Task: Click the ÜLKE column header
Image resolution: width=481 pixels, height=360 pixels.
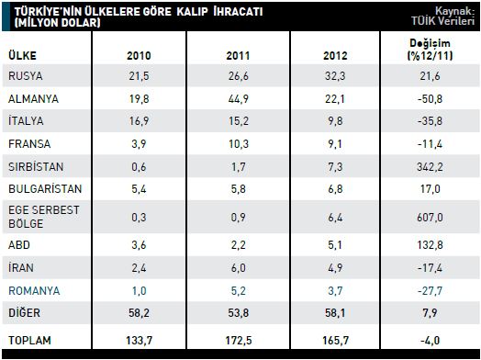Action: coord(22,55)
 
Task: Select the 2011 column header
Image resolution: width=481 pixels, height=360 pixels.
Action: coord(238,55)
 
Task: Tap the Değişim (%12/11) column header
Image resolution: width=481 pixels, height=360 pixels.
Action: coord(430,49)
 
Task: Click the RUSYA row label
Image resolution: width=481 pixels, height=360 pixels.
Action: coord(26,76)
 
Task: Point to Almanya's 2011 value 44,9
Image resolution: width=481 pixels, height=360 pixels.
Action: coord(238,99)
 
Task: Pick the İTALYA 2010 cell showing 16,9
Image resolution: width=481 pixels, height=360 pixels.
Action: coord(139,121)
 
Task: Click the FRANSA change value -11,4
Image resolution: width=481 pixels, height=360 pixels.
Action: coord(430,143)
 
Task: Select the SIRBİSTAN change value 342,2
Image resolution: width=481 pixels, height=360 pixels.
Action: coord(430,166)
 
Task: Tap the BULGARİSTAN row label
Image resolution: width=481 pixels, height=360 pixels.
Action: coord(45,189)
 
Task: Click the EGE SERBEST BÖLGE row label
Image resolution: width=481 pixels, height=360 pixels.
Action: coord(43,217)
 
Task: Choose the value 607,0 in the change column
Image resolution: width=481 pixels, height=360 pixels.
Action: coord(430,218)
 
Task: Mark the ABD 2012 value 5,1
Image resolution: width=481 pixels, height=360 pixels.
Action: coord(335,245)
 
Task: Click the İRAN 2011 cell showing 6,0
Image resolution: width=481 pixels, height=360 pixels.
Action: coord(238,267)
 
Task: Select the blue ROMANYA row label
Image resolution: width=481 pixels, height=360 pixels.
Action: coord(34,290)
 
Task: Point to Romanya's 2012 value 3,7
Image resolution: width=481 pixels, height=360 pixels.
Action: coord(335,290)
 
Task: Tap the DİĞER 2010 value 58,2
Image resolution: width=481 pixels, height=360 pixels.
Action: coord(139,313)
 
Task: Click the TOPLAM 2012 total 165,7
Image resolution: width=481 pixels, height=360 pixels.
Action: coord(335,341)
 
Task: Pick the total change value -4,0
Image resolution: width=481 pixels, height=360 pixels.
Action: coord(430,341)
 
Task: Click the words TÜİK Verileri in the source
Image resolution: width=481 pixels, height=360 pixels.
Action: coord(442,21)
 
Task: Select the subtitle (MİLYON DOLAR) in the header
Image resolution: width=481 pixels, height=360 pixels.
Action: coord(57,22)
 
